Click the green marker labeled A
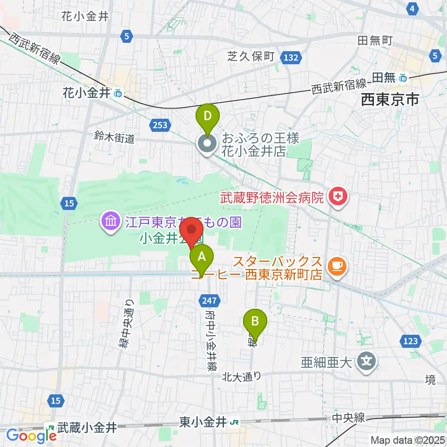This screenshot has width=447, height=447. pos(202,257)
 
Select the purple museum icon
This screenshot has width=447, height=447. pos(111,221)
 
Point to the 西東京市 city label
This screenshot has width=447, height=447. pos(391,100)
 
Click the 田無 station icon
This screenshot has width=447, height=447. pos(403,78)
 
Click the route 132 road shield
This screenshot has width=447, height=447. pos(290,57)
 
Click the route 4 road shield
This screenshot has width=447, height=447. pos(412,8)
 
